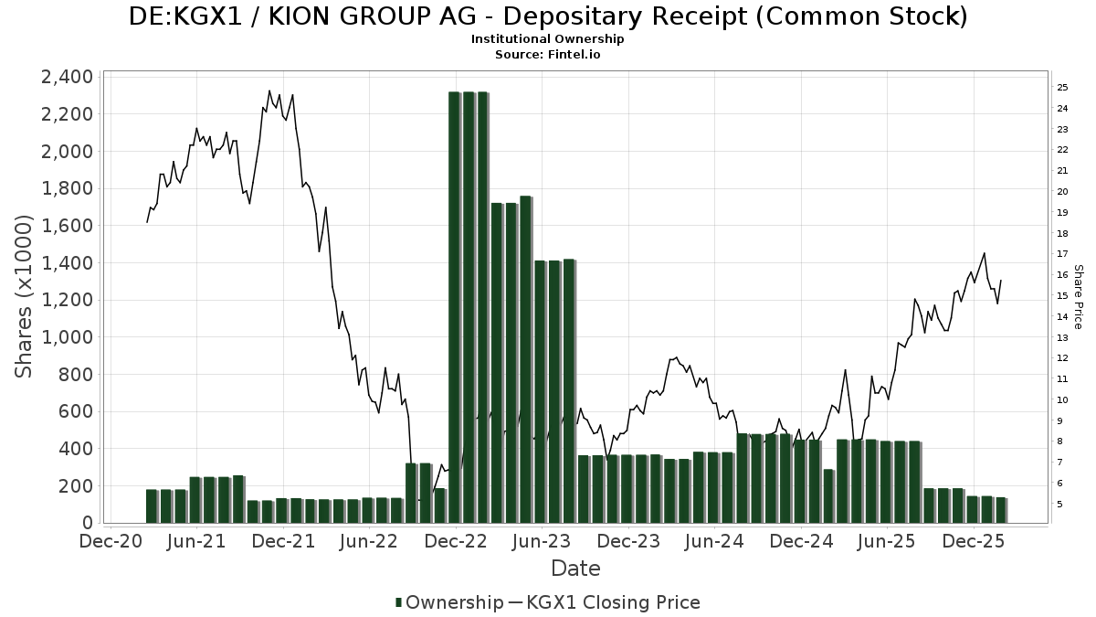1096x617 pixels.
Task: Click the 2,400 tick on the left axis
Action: click(x=67, y=77)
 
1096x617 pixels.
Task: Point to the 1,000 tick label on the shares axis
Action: click(x=67, y=337)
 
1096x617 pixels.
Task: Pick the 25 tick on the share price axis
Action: click(x=1062, y=88)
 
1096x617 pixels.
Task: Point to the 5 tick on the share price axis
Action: click(x=1059, y=504)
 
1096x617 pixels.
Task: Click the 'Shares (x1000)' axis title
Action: click(x=25, y=296)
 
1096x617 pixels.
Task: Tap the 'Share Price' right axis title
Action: click(x=1078, y=296)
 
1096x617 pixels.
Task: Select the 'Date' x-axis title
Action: click(x=575, y=569)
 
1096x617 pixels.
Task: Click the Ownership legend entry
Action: click(x=448, y=602)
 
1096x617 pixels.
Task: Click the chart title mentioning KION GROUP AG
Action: click(x=548, y=16)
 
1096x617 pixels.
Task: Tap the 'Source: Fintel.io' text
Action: click(x=548, y=54)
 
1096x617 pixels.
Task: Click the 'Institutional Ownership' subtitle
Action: click(x=548, y=39)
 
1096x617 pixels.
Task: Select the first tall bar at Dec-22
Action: click(x=454, y=307)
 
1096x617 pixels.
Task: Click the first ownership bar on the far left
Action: click(x=152, y=505)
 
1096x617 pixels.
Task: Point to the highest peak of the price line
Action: click(x=269, y=90)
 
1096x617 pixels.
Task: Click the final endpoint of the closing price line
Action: click(x=1001, y=281)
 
